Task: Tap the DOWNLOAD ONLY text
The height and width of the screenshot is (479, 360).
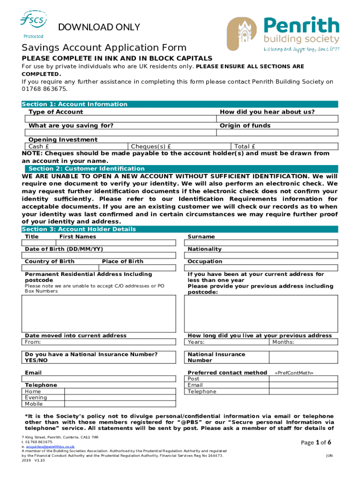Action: [99, 27]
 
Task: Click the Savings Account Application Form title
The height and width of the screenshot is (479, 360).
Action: [104, 47]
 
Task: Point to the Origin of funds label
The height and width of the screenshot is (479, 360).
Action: [245, 125]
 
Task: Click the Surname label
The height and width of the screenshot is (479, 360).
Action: [201, 237]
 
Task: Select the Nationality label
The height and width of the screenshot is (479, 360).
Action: [204, 249]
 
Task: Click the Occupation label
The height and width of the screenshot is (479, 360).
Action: [205, 261]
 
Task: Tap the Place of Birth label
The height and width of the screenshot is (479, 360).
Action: [122, 261]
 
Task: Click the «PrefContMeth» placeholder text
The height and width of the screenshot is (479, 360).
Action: [294, 373]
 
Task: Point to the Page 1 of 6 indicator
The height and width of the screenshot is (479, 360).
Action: [316, 443]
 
